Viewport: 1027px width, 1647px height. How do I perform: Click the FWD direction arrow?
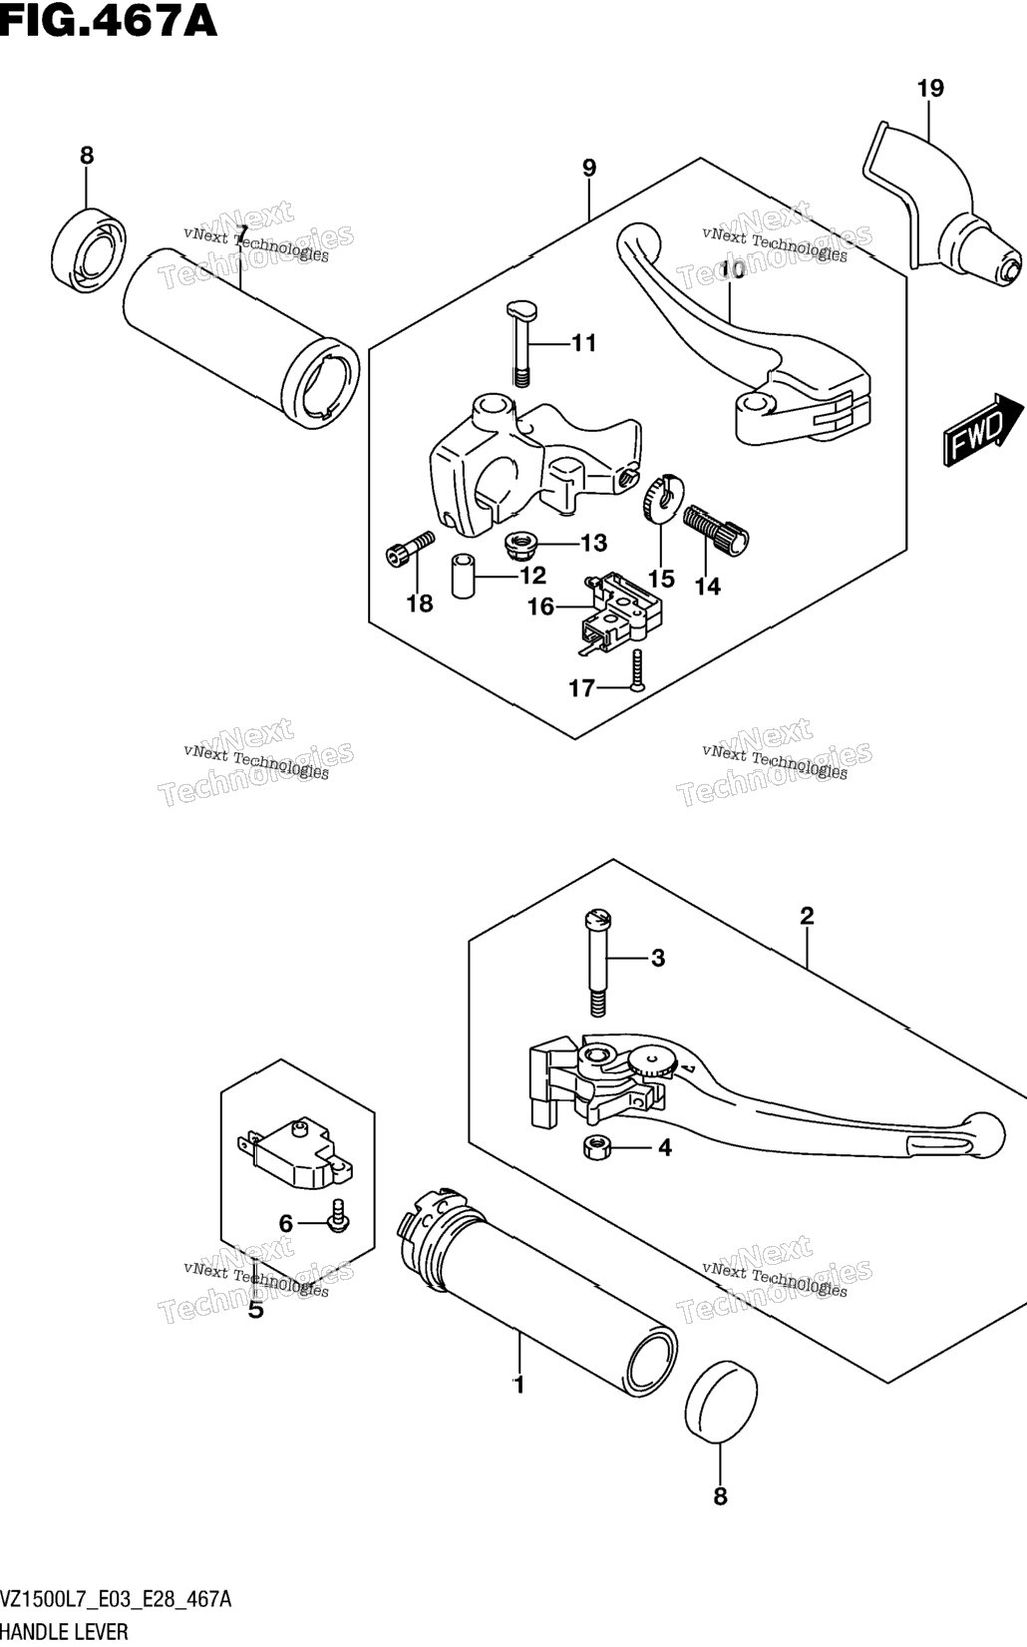[x=983, y=429]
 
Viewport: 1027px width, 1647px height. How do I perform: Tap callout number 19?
[x=930, y=88]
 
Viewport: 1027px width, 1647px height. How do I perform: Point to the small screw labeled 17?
[x=637, y=669]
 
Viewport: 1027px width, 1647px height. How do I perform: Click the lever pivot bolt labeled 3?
[x=597, y=964]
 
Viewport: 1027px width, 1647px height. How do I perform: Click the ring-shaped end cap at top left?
[x=89, y=246]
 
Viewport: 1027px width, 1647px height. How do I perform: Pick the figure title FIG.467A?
[x=108, y=21]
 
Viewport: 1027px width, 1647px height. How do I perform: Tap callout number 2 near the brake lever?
[x=807, y=916]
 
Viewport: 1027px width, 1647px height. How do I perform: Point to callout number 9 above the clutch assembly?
[x=589, y=168]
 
